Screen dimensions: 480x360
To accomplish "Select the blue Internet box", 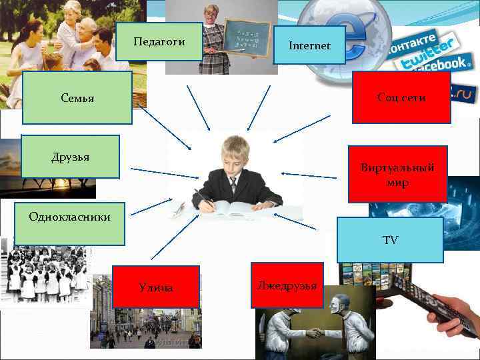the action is (x=309, y=46).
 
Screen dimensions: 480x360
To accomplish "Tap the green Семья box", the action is (x=77, y=98).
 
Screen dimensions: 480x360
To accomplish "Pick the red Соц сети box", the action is (x=401, y=97).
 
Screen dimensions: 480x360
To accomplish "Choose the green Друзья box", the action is (x=70, y=157).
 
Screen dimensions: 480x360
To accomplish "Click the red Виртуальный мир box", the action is (x=397, y=174).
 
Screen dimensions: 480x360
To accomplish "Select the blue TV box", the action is (x=390, y=239).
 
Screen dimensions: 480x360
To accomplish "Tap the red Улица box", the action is (x=156, y=287).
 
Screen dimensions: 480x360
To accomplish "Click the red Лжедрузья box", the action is (x=287, y=285).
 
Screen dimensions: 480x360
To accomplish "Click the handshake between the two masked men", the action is (x=313, y=331).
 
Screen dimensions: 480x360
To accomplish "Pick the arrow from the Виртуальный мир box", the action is (x=309, y=175).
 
